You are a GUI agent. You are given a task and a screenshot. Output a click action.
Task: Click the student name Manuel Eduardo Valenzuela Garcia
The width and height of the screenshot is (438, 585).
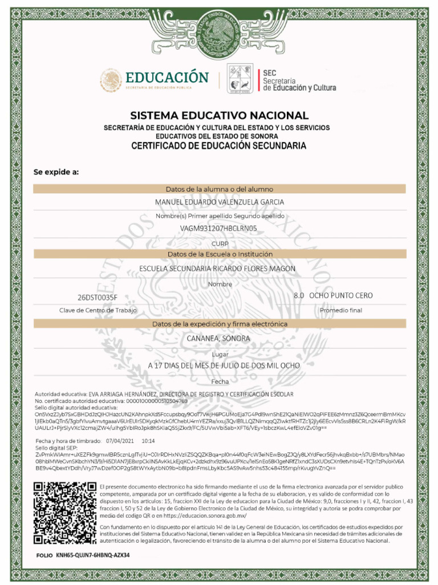tap(219, 202)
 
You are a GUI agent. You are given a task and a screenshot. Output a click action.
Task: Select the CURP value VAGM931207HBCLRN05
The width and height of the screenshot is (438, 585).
tap(219, 229)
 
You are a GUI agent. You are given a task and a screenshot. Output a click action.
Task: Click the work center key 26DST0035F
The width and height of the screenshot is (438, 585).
tap(98, 297)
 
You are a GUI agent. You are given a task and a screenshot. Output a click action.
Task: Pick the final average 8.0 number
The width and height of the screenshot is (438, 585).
tap(298, 296)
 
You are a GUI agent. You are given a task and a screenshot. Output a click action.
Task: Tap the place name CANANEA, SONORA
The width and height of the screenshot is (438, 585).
tap(219, 338)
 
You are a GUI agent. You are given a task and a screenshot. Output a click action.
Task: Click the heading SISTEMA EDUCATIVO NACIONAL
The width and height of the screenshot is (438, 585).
tap(219, 115)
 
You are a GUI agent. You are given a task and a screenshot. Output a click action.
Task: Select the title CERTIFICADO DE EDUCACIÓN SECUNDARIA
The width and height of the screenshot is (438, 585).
tap(219, 146)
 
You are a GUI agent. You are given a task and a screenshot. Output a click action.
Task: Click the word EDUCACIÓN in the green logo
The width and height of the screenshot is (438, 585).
tap(167, 77)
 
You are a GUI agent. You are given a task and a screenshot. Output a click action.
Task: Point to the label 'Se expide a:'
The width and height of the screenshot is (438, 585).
tap(56, 172)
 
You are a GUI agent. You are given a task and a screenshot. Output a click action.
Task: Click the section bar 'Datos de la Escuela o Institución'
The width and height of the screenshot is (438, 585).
tap(219, 254)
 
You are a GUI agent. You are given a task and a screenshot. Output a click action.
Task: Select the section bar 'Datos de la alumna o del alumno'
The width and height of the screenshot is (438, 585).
tap(219, 189)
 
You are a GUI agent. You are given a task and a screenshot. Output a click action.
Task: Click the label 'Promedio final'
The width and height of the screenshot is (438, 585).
tap(341, 310)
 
